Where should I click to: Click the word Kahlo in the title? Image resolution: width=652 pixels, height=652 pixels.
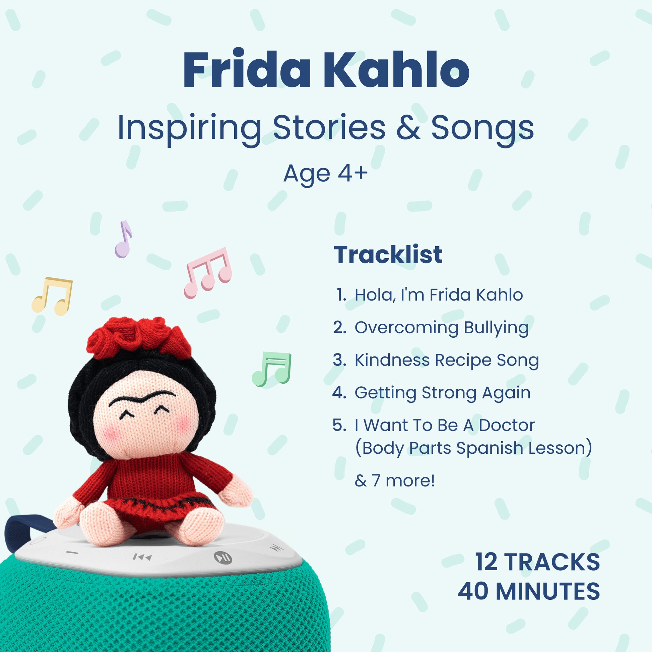point(397,69)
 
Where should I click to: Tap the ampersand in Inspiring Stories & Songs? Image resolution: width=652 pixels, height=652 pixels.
point(408,127)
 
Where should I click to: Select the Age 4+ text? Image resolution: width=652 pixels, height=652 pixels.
point(325,174)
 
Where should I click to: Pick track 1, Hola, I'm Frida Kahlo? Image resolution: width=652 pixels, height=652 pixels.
point(430,295)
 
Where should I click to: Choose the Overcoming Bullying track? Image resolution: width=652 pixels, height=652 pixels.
point(431,328)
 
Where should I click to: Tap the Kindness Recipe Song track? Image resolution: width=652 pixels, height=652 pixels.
point(436,360)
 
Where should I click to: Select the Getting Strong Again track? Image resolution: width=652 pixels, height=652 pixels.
point(432,393)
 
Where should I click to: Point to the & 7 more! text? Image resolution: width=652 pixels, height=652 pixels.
point(394,480)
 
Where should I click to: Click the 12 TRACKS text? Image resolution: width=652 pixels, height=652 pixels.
point(538,562)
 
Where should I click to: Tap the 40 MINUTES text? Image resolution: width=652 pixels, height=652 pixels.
point(529,591)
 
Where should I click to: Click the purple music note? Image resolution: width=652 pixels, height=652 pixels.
point(123,239)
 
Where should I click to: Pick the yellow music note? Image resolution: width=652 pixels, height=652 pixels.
point(52,296)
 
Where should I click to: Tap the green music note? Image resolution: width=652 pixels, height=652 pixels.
point(272,369)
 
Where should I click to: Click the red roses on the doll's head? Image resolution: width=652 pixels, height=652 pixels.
point(139,337)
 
